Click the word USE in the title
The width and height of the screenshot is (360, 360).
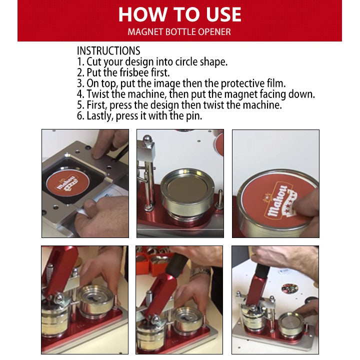(x=223, y=14)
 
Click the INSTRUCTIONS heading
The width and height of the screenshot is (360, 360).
(x=108, y=50)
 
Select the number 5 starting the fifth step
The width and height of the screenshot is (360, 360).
(x=80, y=105)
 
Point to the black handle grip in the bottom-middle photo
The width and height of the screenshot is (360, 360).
(x=177, y=265)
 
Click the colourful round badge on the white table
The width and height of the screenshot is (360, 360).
(x=289, y=288)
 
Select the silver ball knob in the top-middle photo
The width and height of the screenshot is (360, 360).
(x=147, y=139)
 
